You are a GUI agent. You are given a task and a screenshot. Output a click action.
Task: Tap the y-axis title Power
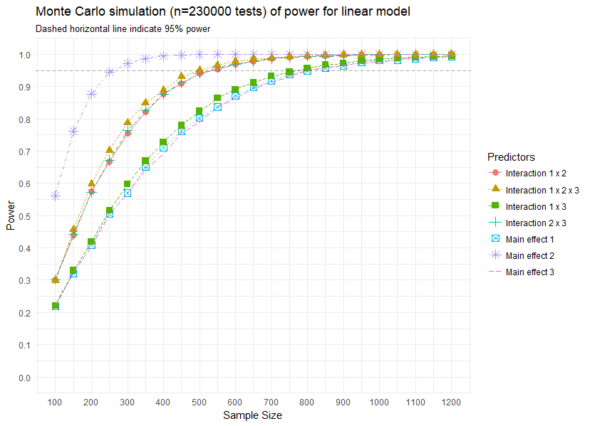[x=10, y=215]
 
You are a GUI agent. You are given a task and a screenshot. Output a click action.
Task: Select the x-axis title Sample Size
[x=253, y=415]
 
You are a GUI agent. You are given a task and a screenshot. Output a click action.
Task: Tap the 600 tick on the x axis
[x=234, y=402]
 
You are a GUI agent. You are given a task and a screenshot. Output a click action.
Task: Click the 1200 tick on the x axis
[x=450, y=402]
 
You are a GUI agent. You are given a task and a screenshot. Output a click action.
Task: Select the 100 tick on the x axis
[x=55, y=402]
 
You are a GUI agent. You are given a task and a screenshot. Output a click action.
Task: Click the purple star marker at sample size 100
[x=55, y=196]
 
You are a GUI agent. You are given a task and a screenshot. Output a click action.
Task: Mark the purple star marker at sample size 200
[x=91, y=94]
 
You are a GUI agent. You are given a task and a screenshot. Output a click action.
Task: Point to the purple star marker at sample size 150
[x=73, y=132]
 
